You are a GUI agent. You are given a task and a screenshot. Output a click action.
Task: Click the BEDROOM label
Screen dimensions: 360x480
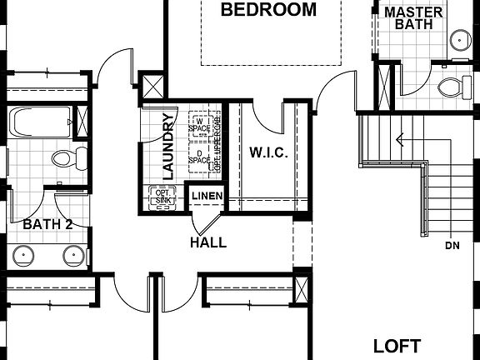(269, 11)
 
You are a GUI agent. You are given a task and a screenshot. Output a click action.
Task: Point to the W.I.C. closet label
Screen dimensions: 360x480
(268, 152)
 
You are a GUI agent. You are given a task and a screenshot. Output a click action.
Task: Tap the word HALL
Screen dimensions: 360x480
(208, 242)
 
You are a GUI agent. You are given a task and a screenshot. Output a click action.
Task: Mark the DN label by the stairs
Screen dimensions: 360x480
(452, 246)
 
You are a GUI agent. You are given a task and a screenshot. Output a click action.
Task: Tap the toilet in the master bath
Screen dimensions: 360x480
(452, 87)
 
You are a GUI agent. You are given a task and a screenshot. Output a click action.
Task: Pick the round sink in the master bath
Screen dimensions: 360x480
(460, 38)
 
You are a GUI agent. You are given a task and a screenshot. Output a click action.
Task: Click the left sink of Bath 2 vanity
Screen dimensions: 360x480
(22, 256)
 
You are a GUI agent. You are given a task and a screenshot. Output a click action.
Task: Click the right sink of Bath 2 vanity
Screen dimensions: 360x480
(73, 256)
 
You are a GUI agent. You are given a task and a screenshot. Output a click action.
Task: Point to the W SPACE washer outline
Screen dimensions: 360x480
(200, 125)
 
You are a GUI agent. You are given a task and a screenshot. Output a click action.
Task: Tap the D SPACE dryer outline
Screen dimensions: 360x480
(199, 155)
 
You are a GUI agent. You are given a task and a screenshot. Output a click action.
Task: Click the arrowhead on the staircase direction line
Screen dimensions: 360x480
(400, 139)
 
